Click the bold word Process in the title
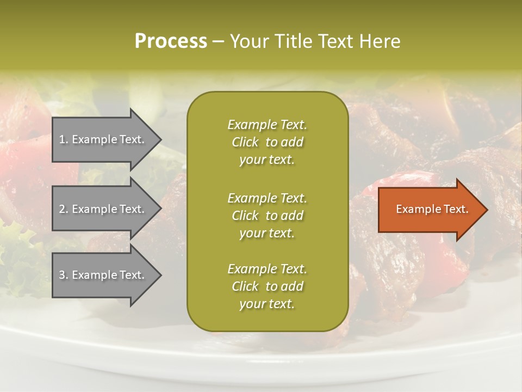[x=171, y=41]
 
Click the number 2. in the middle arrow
[x=64, y=209]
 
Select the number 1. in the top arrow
[x=64, y=139]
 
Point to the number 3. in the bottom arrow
[x=64, y=275]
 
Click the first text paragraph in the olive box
[x=267, y=142]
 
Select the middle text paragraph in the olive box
[x=267, y=216]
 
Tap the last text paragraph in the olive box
[x=267, y=286]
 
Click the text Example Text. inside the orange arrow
[x=432, y=209]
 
